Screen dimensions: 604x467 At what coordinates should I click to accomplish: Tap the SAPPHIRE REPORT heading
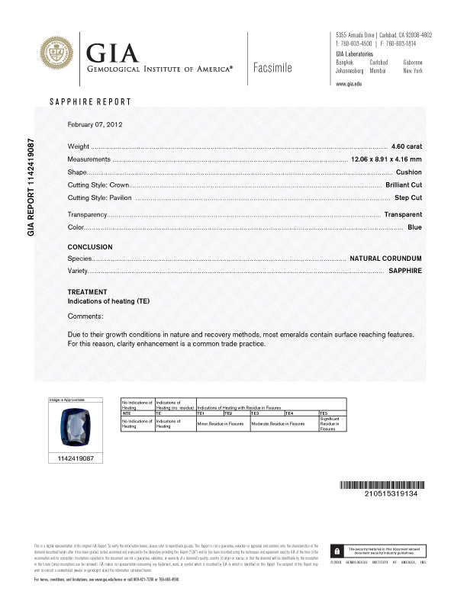pos(90,101)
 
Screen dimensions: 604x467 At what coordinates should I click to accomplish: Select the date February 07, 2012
pos(95,124)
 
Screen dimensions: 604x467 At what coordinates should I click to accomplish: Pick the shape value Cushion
pos(409,172)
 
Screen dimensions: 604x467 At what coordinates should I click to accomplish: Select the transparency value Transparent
pos(403,214)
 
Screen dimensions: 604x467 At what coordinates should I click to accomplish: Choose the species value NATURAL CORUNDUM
pos(385,259)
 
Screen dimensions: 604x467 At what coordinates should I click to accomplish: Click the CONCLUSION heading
pos(90,247)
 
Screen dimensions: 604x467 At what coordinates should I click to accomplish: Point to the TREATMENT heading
pos(87,292)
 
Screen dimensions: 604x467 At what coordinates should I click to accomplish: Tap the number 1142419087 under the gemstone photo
pos(76,458)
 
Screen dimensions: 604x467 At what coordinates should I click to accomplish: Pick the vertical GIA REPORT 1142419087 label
pos(31,186)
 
